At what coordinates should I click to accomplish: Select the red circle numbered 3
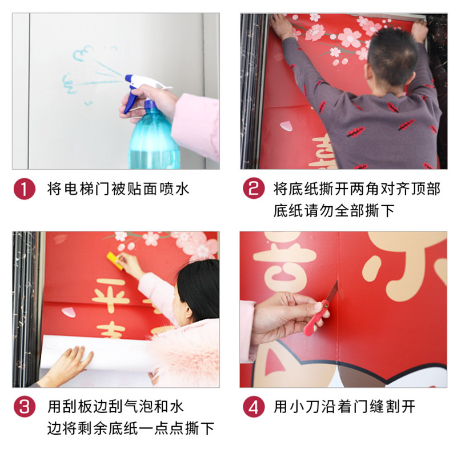click(x=24, y=407)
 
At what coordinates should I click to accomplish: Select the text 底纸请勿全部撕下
click(x=334, y=210)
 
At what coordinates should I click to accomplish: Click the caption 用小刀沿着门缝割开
click(x=344, y=407)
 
